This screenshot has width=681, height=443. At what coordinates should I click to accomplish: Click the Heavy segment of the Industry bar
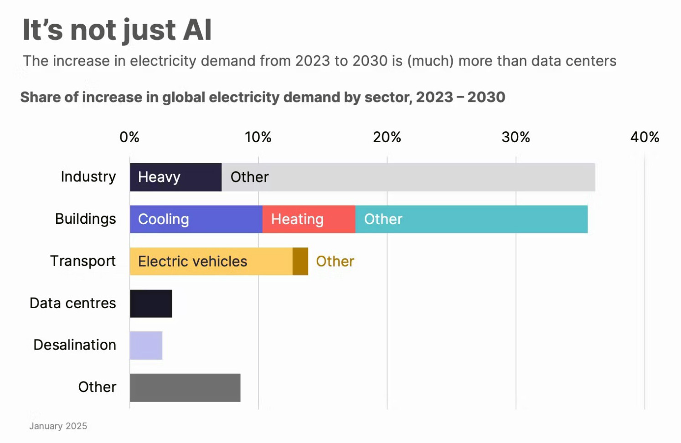click(x=175, y=177)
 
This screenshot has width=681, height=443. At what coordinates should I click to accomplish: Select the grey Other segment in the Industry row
click(x=408, y=177)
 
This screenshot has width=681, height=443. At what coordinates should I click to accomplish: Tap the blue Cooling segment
click(x=196, y=219)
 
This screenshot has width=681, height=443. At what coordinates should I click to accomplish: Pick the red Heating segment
click(x=309, y=219)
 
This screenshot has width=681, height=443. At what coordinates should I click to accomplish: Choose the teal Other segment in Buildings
click(x=471, y=219)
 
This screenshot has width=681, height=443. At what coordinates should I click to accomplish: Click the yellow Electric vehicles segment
click(x=211, y=262)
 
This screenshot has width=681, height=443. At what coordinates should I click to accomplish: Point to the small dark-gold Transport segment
click(x=300, y=262)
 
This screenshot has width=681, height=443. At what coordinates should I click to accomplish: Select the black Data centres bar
click(x=151, y=304)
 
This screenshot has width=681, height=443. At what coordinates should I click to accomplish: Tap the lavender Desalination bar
click(x=146, y=345)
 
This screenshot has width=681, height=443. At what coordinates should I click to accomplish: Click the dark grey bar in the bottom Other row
click(x=185, y=388)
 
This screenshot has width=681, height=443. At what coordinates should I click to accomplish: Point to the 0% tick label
click(x=129, y=137)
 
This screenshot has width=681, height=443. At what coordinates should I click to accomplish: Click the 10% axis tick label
click(x=258, y=137)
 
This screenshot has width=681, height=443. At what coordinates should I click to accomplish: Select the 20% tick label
click(x=387, y=137)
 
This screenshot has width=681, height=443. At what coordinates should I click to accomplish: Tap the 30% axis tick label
click(x=516, y=137)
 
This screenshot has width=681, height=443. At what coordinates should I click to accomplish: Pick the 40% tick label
click(x=645, y=137)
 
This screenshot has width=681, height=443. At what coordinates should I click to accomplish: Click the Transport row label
click(x=83, y=261)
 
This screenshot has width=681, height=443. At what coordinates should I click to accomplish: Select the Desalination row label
click(x=75, y=345)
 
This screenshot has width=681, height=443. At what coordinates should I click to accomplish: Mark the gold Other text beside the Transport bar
click(x=335, y=262)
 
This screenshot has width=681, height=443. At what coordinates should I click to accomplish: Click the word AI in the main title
click(x=197, y=30)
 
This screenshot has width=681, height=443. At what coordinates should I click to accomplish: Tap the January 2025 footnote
click(x=58, y=426)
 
